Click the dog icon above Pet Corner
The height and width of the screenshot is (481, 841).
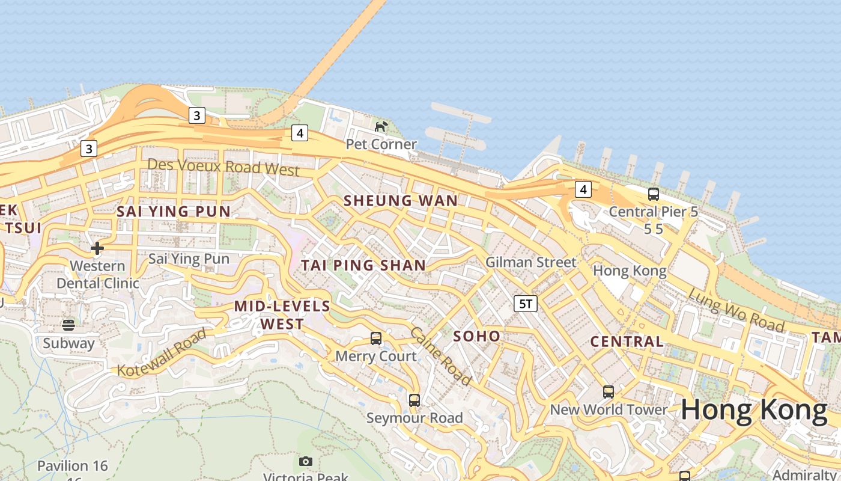click(381, 126)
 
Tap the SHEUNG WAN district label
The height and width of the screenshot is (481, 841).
click(401, 201)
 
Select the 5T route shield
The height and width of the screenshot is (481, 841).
click(525, 304)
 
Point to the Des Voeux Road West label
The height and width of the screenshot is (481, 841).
click(223, 167)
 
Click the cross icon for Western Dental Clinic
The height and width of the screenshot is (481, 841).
click(97, 248)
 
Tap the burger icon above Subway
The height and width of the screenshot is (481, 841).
click(68, 325)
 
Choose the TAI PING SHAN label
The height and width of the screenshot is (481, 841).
click(363, 265)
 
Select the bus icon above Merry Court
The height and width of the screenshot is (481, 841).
click(376, 339)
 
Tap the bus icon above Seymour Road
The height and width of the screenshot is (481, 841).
click(414, 400)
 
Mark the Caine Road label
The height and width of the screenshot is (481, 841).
click(440, 357)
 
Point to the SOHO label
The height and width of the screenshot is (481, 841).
click(477, 336)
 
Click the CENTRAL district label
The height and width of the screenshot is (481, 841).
click(627, 342)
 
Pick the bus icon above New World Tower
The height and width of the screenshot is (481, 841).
click(609, 392)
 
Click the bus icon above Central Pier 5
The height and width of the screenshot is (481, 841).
click(654, 194)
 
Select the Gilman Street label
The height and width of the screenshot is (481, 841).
click(530, 262)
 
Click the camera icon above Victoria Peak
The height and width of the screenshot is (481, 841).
click(306, 462)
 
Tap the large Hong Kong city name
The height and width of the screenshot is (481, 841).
click(754, 411)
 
